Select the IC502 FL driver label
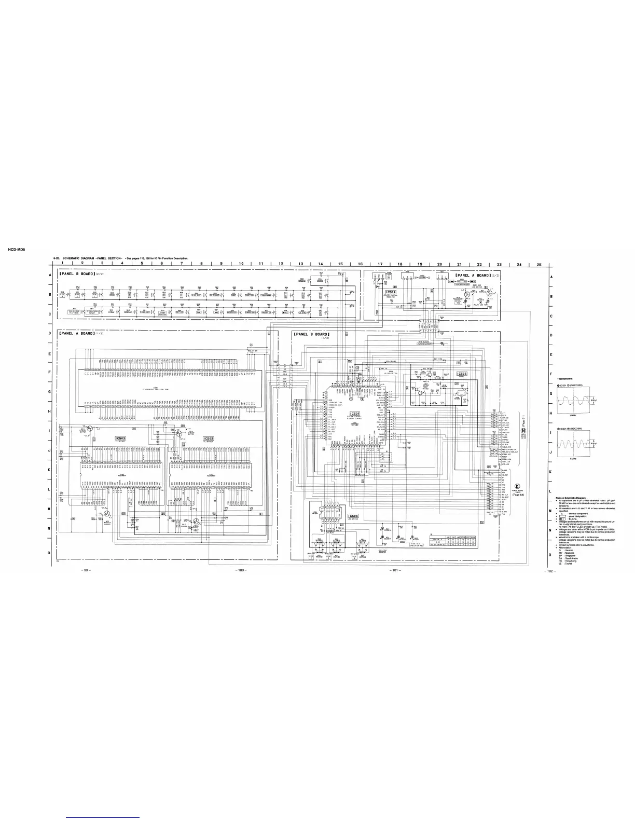[x=209, y=439]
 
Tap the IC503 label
[x=120, y=439]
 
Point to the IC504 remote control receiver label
[x=391, y=292]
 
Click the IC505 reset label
[x=461, y=374]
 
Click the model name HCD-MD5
[x=17, y=249]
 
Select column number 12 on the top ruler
[x=281, y=264]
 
